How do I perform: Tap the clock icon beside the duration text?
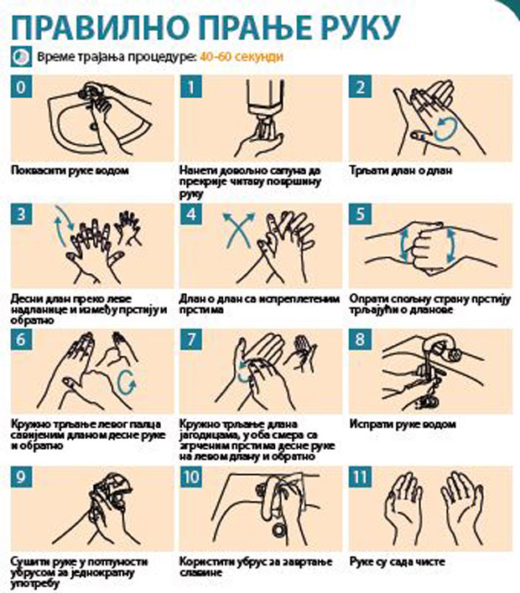click(x=21, y=57)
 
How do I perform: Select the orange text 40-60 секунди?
click(x=242, y=57)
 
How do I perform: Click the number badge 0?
click(x=21, y=87)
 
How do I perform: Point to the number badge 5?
click(x=360, y=214)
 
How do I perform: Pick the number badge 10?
click(x=191, y=477)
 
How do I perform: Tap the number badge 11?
click(x=360, y=477)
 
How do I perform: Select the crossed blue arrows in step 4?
click(x=238, y=230)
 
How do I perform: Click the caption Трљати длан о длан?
click(x=401, y=170)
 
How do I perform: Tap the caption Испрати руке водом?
click(x=403, y=424)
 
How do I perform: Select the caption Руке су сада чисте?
click(x=398, y=562)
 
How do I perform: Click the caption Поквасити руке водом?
click(x=70, y=170)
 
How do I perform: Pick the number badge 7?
click(x=191, y=339)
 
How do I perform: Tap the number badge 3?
click(x=21, y=214)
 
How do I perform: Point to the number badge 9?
click(x=21, y=477)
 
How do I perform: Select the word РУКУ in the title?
click(x=357, y=28)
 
